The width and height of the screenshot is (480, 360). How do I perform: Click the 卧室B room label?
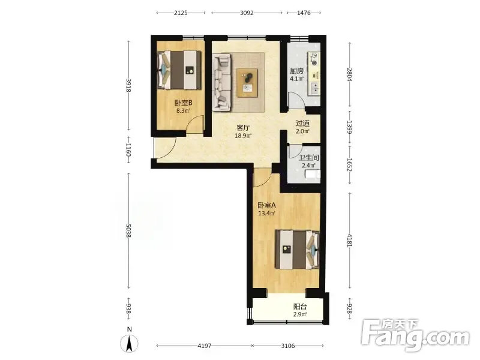184,103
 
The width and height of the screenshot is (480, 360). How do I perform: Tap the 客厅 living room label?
244,128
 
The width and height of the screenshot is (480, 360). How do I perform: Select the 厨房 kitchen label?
297,71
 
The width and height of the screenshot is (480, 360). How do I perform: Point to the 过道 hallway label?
302,124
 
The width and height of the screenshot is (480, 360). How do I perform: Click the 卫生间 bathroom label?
309,158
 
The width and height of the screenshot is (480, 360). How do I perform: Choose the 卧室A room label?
266,205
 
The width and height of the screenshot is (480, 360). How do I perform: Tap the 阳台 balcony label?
300,307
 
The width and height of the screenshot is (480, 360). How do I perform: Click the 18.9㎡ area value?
243,136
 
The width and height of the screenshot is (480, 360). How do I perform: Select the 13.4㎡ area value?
266,214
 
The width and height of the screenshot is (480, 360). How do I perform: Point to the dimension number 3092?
247,13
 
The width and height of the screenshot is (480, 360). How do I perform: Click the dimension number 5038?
128,231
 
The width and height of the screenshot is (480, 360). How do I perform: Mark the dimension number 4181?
350,241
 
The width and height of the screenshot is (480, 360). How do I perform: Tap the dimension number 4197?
205,346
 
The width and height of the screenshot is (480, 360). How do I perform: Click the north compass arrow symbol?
130,343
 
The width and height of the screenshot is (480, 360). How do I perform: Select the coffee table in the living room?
247,83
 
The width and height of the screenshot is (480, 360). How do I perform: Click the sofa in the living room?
221,82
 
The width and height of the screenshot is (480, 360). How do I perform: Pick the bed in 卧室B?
179,70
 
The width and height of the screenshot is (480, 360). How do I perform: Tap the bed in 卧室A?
297,250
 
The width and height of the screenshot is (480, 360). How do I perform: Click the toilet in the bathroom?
313,174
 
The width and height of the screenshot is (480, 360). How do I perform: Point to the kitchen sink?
314,88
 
